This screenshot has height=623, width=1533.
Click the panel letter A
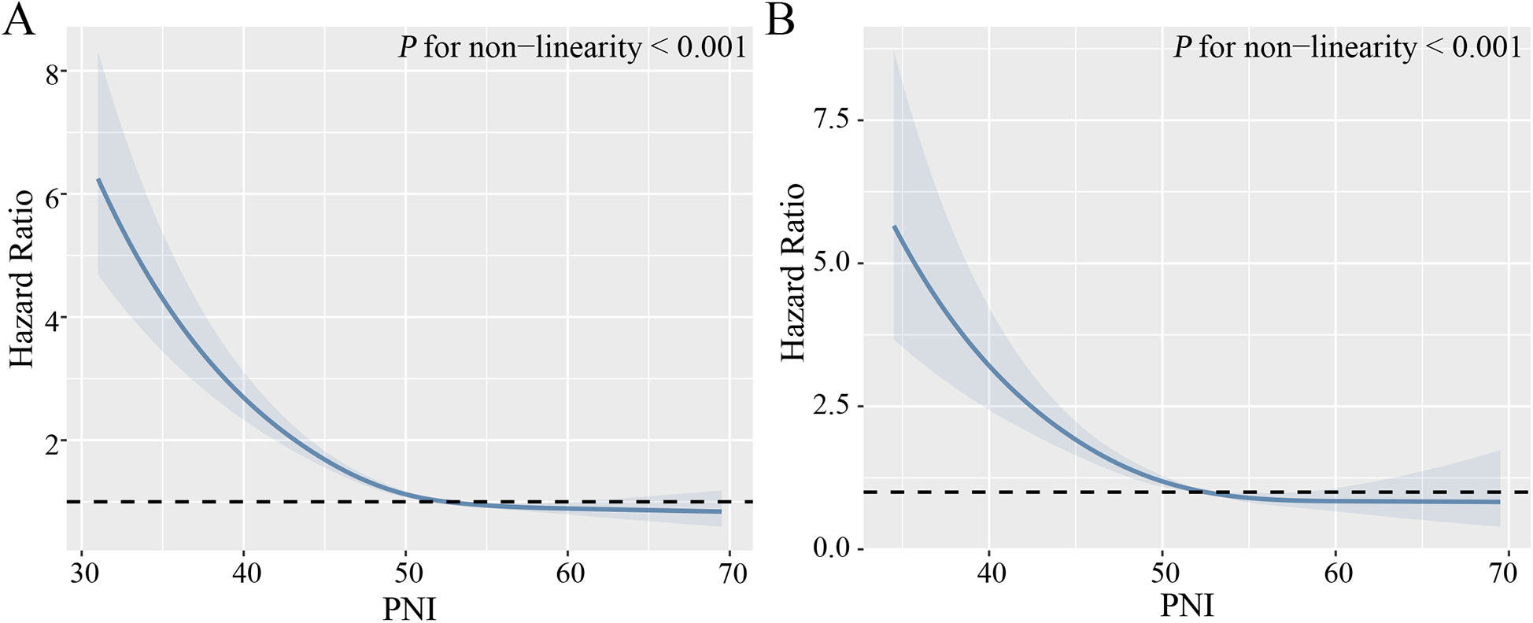(19, 20)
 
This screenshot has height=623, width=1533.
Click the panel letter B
(780, 20)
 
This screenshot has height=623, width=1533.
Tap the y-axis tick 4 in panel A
(53, 320)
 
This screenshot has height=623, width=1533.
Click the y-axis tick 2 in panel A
(53, 444)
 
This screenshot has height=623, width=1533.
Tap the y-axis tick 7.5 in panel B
(831, 120)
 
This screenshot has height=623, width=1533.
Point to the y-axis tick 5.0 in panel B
(831, 263)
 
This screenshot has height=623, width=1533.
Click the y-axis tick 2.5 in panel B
(831, 406)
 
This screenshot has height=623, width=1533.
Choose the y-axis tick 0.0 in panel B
(831, 548)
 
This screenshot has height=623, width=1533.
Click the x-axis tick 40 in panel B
(992, 573)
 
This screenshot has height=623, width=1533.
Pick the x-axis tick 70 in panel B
(1502, 573)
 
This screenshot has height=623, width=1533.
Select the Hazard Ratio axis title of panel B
(793, 272)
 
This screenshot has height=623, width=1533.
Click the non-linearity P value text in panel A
(572, 48)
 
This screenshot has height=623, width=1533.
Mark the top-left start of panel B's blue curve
(895, 227)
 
